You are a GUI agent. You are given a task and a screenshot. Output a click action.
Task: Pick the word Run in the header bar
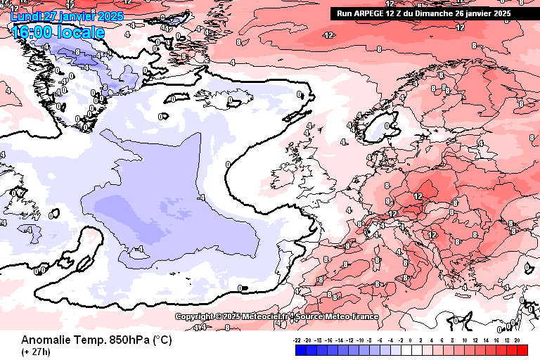tap(344, 13)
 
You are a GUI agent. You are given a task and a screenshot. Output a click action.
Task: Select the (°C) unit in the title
tap(162, 340)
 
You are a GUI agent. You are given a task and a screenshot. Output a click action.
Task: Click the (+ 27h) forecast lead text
tap(35, 351)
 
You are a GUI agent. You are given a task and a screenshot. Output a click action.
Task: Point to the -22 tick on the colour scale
tap(297, 339)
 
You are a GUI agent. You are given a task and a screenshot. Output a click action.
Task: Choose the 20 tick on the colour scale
tap(517, 339)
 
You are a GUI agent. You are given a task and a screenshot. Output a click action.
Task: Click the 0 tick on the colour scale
tap(411, 339)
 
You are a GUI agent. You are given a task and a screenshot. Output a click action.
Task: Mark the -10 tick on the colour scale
tap(359, 339)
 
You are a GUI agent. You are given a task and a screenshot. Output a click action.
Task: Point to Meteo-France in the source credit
tap(355, 317)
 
